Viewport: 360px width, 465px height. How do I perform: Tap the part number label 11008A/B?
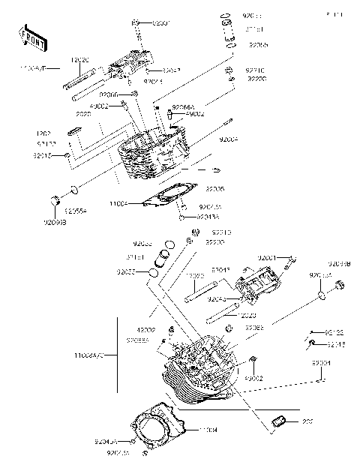click(33, 67)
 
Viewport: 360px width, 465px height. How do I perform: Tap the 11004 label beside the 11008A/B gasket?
click(118, 203)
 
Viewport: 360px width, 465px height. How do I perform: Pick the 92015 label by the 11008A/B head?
click(42, 155)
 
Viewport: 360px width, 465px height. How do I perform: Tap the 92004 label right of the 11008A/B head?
click(229, 139)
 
